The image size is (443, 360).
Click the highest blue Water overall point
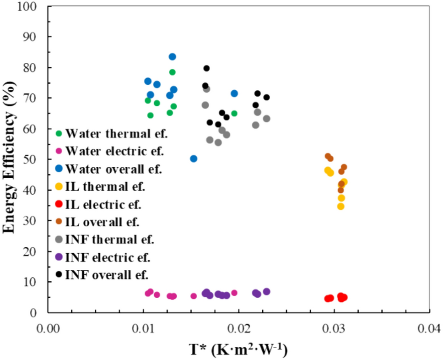click(173, 57)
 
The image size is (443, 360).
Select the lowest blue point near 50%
click(194, 158)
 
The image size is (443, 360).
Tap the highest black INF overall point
click(206, 68)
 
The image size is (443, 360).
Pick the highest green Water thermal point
click(173, 72)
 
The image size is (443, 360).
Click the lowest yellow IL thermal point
click(340, 206)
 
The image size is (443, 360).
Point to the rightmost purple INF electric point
click(267, 291)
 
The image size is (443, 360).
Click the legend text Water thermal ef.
click(117, 134)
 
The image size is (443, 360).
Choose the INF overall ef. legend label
click(107, 275)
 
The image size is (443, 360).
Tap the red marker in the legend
click(58, 204)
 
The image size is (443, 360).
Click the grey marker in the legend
click(58, 240)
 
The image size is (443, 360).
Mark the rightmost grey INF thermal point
click(266, 119)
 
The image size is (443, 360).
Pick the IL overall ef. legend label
click(103, 222)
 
